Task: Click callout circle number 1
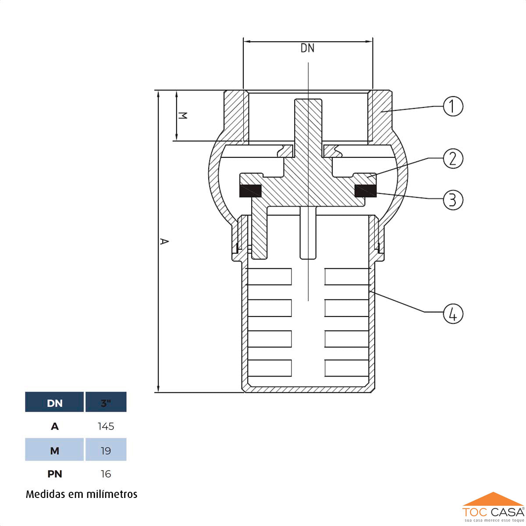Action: (x=453, y=106)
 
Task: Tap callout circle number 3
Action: (x=453, y=199)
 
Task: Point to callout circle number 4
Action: (x=453, y=314)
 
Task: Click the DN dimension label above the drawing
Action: (x=307, y=48)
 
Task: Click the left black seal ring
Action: (x=250, y=191)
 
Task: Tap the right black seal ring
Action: (x=365, y=191)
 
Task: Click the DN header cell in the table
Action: (x=54, y=403)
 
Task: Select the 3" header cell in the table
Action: (x=106, y=403)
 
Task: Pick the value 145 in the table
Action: (x=106, y=426)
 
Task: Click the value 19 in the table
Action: (x=106, y=451)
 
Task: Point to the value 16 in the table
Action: (x=106, y=474)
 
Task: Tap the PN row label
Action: (x=54, y=474)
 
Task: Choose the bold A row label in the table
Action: (x=54, y=426)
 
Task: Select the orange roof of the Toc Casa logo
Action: (x=493, y=500)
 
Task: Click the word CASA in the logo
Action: (x=507, y=512)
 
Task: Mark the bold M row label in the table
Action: (x=54, y=451)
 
